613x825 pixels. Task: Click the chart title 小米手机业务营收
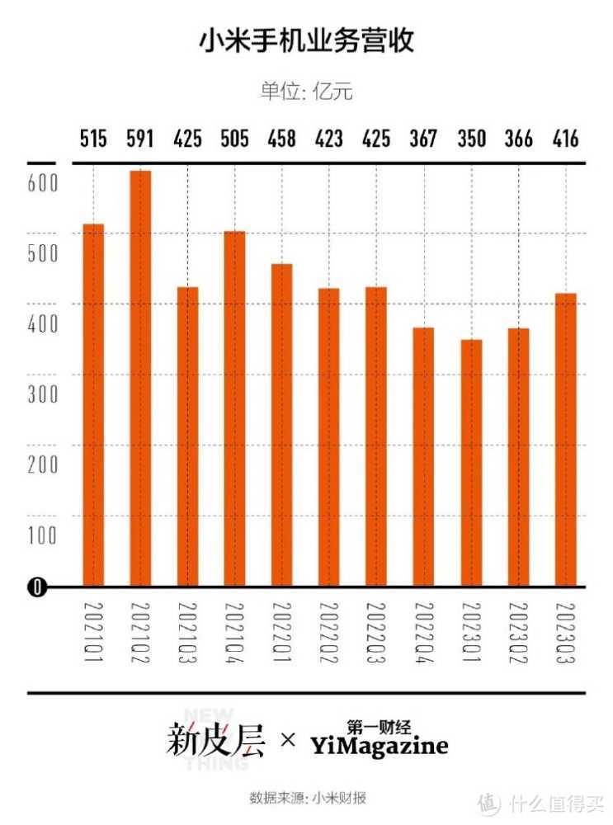[x=306, y=42]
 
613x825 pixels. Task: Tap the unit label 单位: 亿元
[x=306, y=91]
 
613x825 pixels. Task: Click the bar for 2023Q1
[x=471, y=463]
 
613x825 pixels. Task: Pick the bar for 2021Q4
[x=235, y=408]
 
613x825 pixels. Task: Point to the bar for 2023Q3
[x=566, y=440]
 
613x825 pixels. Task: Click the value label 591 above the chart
[x=140, y=139]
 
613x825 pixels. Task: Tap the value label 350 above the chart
[x=471, y=139]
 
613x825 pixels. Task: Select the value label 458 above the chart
[x=282, y=139]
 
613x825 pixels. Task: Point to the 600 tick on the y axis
[x=43, y=182]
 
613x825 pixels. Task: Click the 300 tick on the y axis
[x=43, y=394]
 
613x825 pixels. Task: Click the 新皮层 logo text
[x=216, y=740]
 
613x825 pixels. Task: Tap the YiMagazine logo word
[x=380, y=747]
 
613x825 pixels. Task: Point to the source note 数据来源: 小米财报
[x=307, y=799]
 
